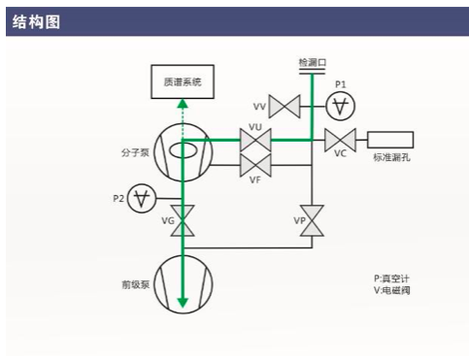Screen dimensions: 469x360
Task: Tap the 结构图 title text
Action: [36, 22]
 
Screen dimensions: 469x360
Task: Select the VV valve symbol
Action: [285, 107]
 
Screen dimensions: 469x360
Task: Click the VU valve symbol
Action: [255, 140]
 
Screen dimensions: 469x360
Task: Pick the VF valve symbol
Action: [255, 165]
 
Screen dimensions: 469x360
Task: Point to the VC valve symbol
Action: [340, 140]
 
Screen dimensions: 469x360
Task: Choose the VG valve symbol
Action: [183, 220]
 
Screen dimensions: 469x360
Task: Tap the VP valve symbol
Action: [312, 220]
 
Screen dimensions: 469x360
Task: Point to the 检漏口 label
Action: [313, 62]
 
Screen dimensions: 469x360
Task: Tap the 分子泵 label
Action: [135, 152]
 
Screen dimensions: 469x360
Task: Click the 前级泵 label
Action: [135, 284]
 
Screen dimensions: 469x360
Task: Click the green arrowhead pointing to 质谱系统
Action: [183, 104]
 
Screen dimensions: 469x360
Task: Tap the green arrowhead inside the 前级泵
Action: [183, 303]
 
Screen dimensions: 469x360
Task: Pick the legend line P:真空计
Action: [391, 278]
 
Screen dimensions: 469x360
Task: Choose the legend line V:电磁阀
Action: [391, 290]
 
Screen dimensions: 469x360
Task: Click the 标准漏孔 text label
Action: [391, 157]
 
